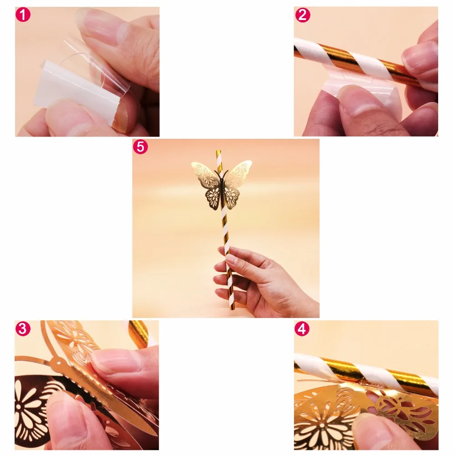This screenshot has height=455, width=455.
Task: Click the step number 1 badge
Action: pos(23,15)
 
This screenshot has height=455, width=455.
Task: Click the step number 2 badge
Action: pos(302,15)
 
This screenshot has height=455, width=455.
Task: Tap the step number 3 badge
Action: pos(23,329)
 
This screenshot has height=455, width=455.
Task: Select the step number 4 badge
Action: pos(302,329)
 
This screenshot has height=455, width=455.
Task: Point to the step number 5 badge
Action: pos(140,147)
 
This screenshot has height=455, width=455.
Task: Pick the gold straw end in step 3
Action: pos(139,332)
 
